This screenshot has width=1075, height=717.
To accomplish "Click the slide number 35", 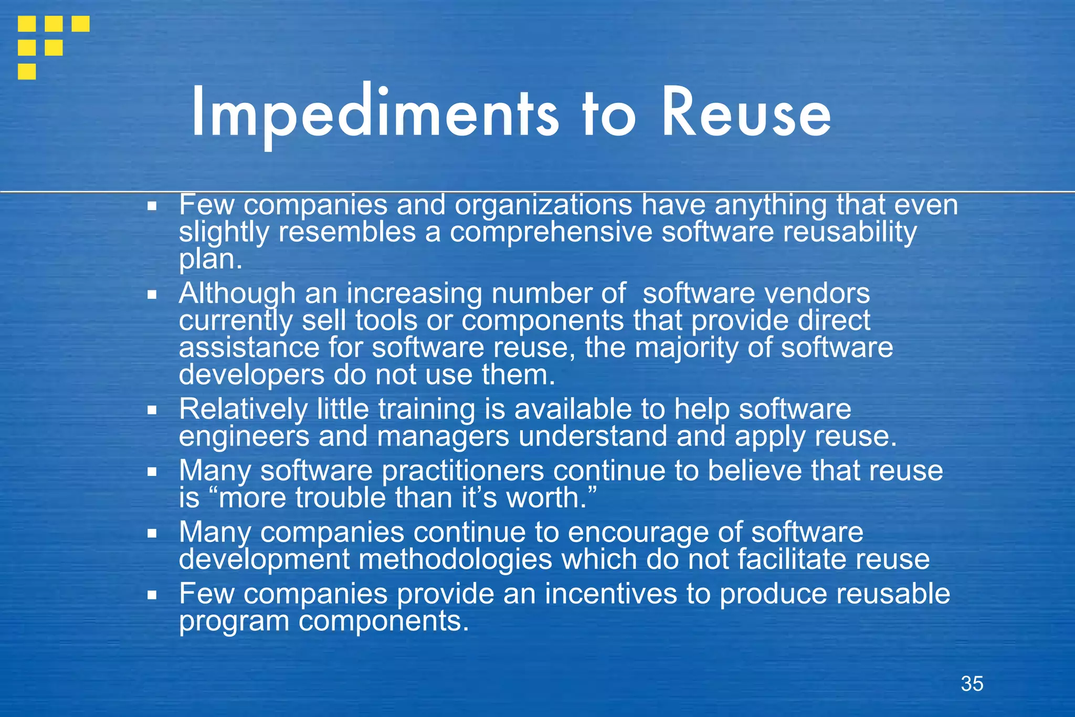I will pyautogui.click(x=972, y=684).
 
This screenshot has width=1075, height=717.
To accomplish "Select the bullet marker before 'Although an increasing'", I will pyautogui.click(x=152, y=295).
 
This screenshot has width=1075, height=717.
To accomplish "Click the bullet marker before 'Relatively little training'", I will pyautogui.click(x=152, y=410).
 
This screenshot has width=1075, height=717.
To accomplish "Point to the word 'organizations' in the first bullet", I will pyautogui.click(x=543, y=205).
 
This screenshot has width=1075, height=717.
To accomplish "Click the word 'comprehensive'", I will pyautogui.click(x=551, y=232).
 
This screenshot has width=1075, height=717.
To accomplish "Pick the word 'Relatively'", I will pyautogui.click(x=243, y=409).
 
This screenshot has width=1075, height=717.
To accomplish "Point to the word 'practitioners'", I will pyautogui.click(x=462, y=471).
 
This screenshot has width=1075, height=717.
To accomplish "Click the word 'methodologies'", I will pyautogui.click(x=456, y=559).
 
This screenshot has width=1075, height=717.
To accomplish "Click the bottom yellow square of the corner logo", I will pyautogui.click(x=27, y=71).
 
